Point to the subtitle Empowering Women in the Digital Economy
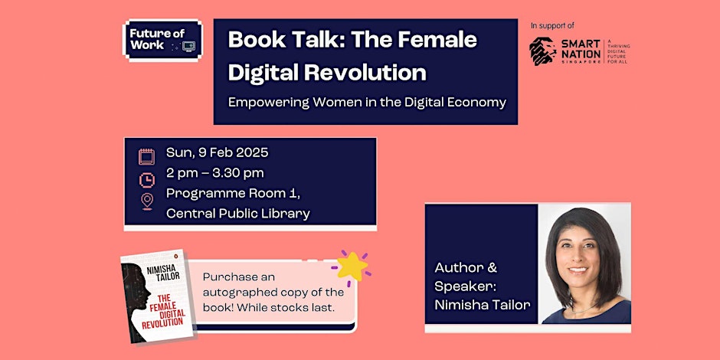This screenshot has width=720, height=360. pyautogui.click(x=367, y=102)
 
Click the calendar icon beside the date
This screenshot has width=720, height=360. pyautogui.click(x=146, y=157)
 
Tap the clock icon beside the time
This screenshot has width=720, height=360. pyautogui.click(x=146, y=179)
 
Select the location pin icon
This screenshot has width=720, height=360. pyautogui.click(x=146, y=201)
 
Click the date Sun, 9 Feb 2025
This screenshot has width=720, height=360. pyautogui.click(x=218, y=152)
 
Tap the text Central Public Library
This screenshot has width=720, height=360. pyautogui.click(x=237, y=213)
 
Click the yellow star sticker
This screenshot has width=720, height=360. pyautogui.click(x=352, y=264)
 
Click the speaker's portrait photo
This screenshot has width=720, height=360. pyautogui.click(x=584, y=264)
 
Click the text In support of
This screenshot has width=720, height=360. pyautogui.click(x=552, y=25)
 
